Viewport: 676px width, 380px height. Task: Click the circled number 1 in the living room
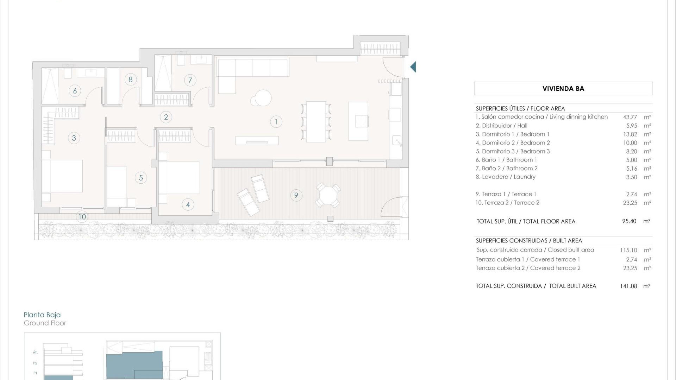click(x=276, y=122)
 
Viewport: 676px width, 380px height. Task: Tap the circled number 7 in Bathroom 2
click(x=190, y=80)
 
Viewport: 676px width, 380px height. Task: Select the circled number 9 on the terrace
click(x=296, y=195)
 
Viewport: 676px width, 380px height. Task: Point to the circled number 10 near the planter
click(x=82, y=216)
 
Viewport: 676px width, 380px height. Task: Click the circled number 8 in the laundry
click(x=131, y=80)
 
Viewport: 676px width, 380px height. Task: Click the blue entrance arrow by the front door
click(x=413, y=67)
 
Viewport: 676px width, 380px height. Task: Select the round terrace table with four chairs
click(x=328, y=195)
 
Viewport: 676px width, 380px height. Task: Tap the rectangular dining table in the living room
click(x=316, y=121)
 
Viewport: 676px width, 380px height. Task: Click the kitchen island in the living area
click(x=358, y=121)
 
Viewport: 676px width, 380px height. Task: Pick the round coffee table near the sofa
click(x=263, y=98)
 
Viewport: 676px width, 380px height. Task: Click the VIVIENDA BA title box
click(x=563, y=89)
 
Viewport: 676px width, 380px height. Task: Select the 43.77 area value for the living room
click(x=630, y=117)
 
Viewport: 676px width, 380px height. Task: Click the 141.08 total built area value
click(x=628, y=286)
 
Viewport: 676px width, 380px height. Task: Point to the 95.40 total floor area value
click(x=629, y=221)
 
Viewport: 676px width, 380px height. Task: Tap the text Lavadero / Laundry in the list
click(x=508, y=177)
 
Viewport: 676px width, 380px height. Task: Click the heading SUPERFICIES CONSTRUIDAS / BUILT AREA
click(x=529, y=241)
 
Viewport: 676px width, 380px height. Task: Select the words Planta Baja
click(x=42, y=315)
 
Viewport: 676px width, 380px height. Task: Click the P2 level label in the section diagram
click(x=35, y=363)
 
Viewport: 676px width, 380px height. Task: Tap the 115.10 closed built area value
click(x=628, y=250)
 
